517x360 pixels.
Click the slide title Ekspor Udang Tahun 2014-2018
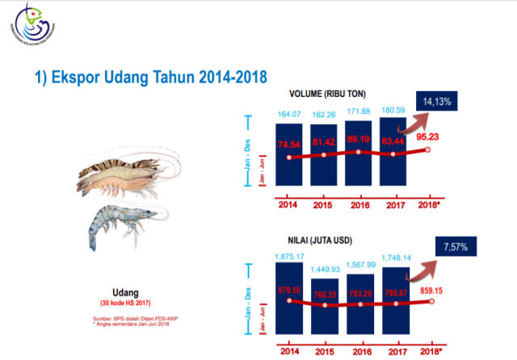[150, 77]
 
